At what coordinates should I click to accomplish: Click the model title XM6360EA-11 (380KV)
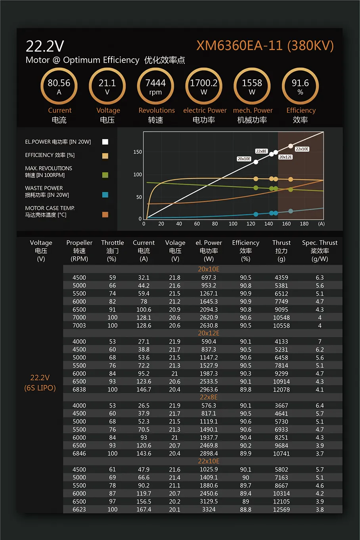click(x=265, y=46)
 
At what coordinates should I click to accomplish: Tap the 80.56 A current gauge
click(x=59, y=86)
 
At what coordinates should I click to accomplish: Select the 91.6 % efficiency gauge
click(x=300, y=86)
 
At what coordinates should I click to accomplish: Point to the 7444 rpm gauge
click(x=155, y=86)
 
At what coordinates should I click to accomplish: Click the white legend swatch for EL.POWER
click(x=105, y=142)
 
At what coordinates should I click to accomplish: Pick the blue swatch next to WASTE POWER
click(x=105, y=195)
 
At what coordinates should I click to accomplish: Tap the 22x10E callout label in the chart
click(x=302, y=149)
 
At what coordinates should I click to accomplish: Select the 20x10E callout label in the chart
click(x=244, y=159)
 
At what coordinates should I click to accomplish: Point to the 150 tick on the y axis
click(x=138, y=152)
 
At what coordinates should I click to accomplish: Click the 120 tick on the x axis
click(x=251, y=224)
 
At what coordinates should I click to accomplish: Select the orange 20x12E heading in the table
click(x=209, y=333)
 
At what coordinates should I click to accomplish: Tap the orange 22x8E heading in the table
click(x=209, y=397)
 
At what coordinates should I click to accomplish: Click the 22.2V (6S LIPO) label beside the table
click(x=40, y=382)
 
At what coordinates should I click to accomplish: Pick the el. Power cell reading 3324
click(x=209, y=509)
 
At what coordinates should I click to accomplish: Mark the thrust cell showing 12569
click(x=281, y=509)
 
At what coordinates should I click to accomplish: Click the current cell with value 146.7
click(x=144, y=390)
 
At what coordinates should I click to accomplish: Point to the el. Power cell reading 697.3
click(x=209, y=278)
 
